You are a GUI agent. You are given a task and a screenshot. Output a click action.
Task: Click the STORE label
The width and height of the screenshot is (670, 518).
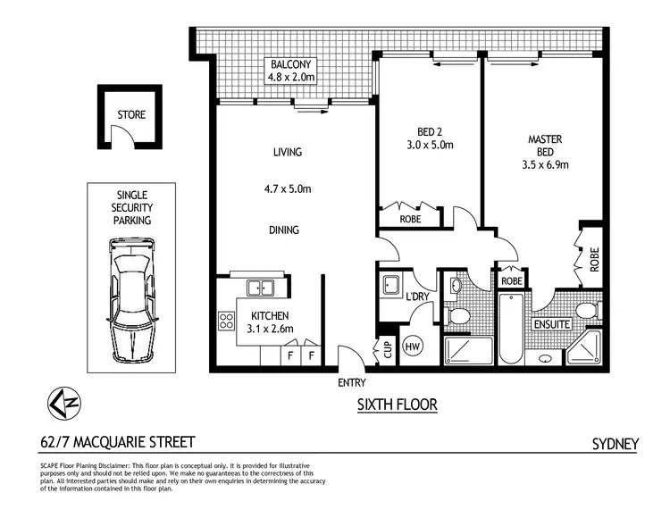point(130,115)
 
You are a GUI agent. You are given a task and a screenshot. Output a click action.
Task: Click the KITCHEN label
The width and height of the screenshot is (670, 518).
point(269,316)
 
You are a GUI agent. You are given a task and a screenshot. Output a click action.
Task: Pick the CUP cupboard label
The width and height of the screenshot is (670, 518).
point(387,349)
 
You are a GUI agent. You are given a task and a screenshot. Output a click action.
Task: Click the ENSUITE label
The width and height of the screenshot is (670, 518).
point(551,324)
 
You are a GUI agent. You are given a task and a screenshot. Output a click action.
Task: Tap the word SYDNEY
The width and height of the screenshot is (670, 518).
point(616,443)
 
